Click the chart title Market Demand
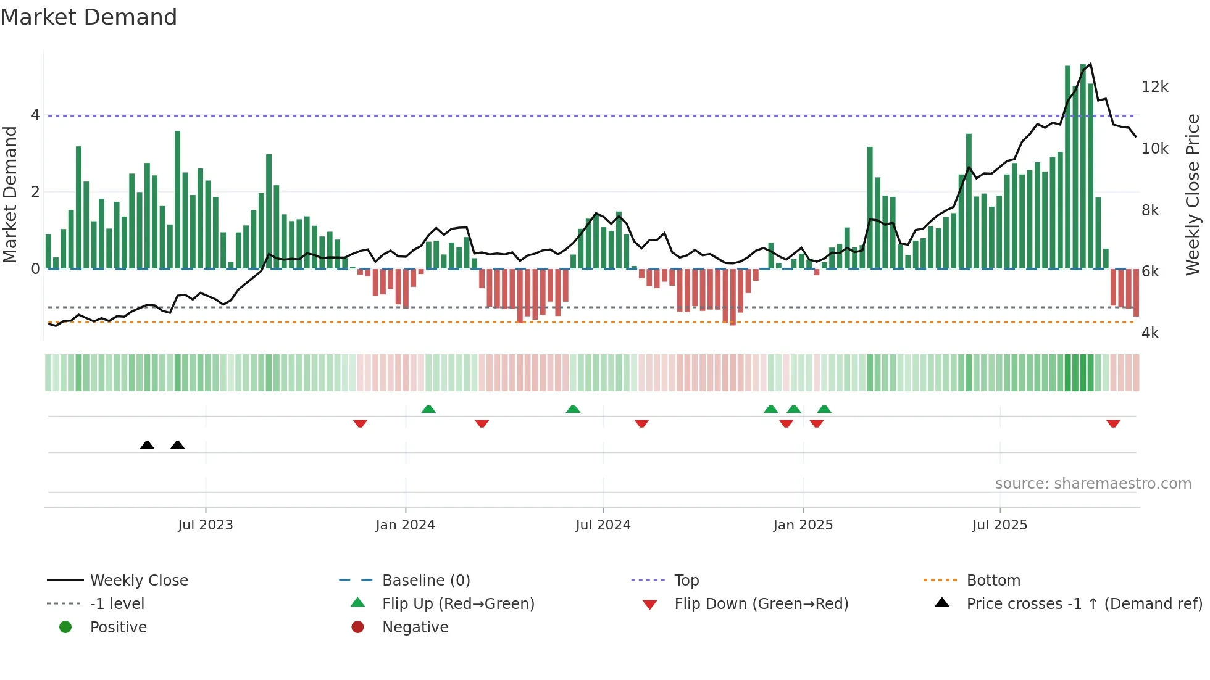[89, 17]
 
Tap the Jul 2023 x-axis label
[205, 525]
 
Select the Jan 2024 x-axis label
[405, 525]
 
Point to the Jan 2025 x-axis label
[803, 525]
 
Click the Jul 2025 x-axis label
[999, 525]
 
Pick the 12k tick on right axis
[1154, 87]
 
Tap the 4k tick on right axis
[1150, 333]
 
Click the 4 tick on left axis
[35, 115]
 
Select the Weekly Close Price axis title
[1193, 194]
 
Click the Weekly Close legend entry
[139, 581]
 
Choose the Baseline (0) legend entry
[426, 581]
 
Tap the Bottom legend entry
[993, 581]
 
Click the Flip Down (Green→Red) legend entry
[761, 604]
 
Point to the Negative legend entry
[415, 628]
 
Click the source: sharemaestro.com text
[1093, 484]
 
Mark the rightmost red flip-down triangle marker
[1113, 424]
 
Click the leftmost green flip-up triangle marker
[428, 409]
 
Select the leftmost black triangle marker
[147, 445]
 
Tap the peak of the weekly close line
[1090, 64]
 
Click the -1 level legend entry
[117, 604]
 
